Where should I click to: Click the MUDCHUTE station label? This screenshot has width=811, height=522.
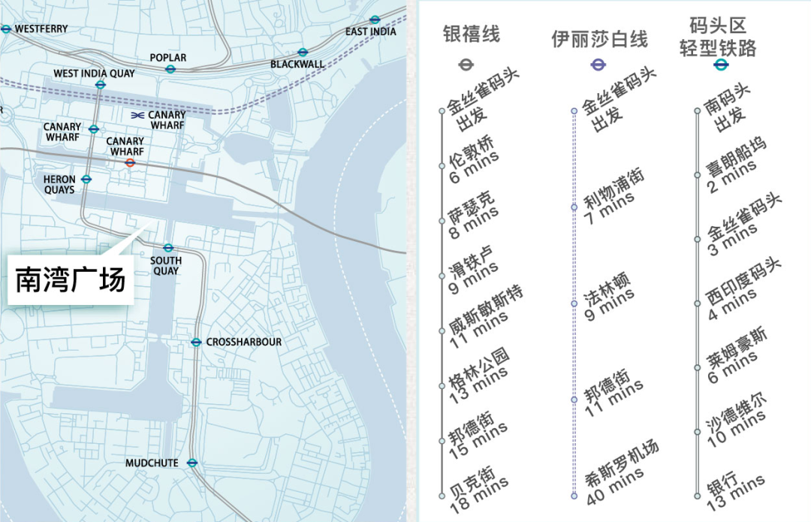[152, 463]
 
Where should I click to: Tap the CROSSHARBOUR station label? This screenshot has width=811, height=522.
[244, 342]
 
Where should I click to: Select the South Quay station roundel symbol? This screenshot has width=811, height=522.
[168, 247]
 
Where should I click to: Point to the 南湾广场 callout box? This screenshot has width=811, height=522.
[71, 281]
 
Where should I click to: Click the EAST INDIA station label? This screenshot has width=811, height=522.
[371, 32]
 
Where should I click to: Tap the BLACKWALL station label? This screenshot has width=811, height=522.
[297, 65]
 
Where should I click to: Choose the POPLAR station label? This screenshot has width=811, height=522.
[168, 57]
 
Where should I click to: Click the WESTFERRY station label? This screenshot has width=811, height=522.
[41, 29]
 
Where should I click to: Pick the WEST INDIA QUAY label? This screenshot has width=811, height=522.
[94, 74]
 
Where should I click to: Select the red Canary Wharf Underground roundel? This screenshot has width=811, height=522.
[130, 162]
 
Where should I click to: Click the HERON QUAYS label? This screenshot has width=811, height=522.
[59, 184]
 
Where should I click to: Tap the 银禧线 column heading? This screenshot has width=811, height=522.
[471, 35]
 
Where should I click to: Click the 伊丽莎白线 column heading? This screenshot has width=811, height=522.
[599, 39]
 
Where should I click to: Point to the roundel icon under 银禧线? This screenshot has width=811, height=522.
[466, 65]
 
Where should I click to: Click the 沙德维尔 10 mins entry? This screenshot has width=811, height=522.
[736, 422]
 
